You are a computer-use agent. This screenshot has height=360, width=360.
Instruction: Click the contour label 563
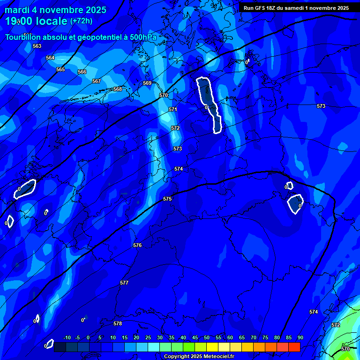pos(37,46)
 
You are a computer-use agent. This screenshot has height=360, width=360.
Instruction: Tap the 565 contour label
pos(60,69)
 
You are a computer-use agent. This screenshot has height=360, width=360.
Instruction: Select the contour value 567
pos(97,81)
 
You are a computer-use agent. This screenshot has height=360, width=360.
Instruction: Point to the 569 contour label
pos(147,83)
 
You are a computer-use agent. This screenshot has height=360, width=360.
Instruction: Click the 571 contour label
pos(173,109)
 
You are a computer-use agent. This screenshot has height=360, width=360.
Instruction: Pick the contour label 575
pos(167,199)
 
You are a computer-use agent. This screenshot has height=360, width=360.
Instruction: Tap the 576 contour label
pos(137,245)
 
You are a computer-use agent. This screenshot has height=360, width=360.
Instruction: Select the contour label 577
pos(124,283)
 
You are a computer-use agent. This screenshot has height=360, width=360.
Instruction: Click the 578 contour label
pos(118,323)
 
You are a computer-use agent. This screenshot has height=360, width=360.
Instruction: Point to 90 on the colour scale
pos(300,337)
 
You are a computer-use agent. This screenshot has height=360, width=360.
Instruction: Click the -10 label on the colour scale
pos(67,337)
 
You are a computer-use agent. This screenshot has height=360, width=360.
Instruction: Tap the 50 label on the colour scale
pos(206,337)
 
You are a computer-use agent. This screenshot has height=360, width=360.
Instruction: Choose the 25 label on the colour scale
pos(148,337)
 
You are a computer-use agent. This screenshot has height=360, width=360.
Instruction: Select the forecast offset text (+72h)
pos(82,21)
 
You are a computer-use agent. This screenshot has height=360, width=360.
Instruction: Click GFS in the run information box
pos(261,8)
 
